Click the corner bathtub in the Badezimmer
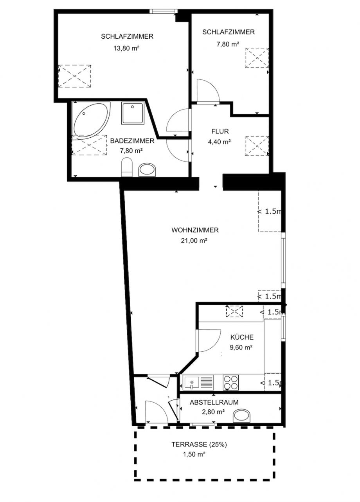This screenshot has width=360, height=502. click(x=92, y=121)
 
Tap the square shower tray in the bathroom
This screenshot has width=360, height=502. click(x=133, y=113)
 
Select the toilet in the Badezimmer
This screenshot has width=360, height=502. click(x=127, y=167)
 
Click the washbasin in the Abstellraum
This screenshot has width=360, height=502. click(x=242, y=416)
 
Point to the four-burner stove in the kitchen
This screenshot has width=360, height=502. click(x=230, y=383)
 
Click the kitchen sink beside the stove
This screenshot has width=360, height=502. click(x=198, y=383)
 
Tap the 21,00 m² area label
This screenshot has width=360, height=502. click(x=194, y=241)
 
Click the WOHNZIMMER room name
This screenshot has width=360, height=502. click(x=195, y=230)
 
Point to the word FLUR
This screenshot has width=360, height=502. click(x=220, y=131)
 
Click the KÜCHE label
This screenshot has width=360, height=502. click(x=242, y=337)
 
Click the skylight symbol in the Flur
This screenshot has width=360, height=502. click(x=257, y=146)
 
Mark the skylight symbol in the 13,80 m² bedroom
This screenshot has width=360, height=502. click(x=75, y=76)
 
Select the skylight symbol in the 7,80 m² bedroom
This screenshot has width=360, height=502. click(x=257, y=58)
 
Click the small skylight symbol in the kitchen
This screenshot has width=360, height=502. click(x=234, y=311)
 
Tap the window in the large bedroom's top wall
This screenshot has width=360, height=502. click(x=164, y=11)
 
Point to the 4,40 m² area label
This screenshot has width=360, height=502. click(x=220, y=142)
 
